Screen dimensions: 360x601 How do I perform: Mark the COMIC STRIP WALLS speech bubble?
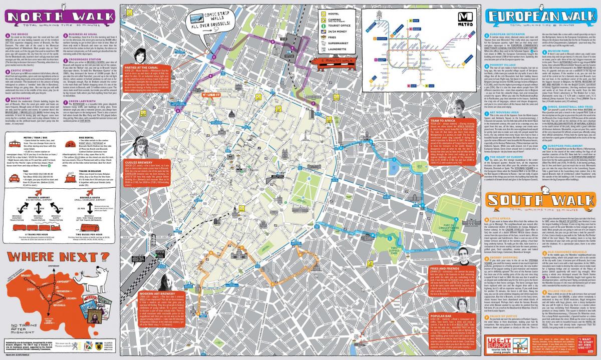point(210,21)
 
